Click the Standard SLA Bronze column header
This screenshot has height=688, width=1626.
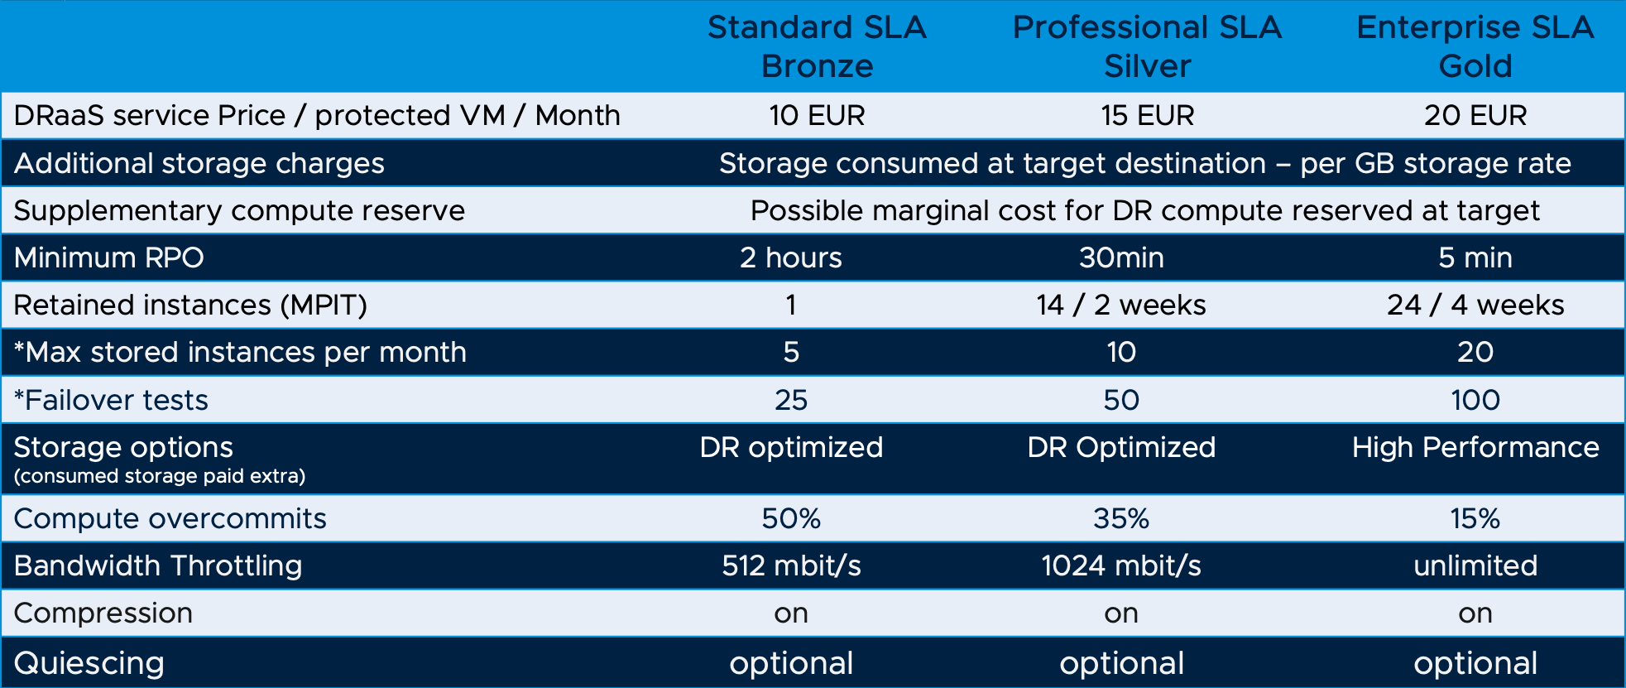[x=817, y=46]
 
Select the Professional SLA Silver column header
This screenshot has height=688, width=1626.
[x=1147, y=46]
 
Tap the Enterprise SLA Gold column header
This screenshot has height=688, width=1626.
[x=1475, y=46]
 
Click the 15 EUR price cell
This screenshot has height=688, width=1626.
[x=1147, y=115]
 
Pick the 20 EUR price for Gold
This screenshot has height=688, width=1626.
[x=1475, y=115]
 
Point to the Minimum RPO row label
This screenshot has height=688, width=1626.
[x=108, y=257]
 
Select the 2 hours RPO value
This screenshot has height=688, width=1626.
[x=790, y=257]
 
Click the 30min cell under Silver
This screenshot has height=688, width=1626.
[x=1121, y=257]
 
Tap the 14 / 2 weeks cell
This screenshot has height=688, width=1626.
[x=1121, y=305]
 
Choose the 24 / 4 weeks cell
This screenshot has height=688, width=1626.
[x=1475, y=305]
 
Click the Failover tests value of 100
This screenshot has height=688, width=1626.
[x=1475, y=400]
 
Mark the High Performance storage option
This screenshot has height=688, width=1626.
[x=1475, y=447]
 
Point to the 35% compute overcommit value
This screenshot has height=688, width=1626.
[x=1121, y=518]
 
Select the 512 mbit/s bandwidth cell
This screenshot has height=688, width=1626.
[x=790, y=565]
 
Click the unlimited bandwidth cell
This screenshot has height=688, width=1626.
[x=1475, y=565]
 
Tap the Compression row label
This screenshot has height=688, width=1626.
[x=103, y=613]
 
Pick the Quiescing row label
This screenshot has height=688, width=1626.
[x=89, y=663]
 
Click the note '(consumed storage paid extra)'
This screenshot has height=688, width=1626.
[x=159, y=476]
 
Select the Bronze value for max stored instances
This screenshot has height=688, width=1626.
[x=790, y=352]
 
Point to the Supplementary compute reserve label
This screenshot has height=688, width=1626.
[x=239, y=210]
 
